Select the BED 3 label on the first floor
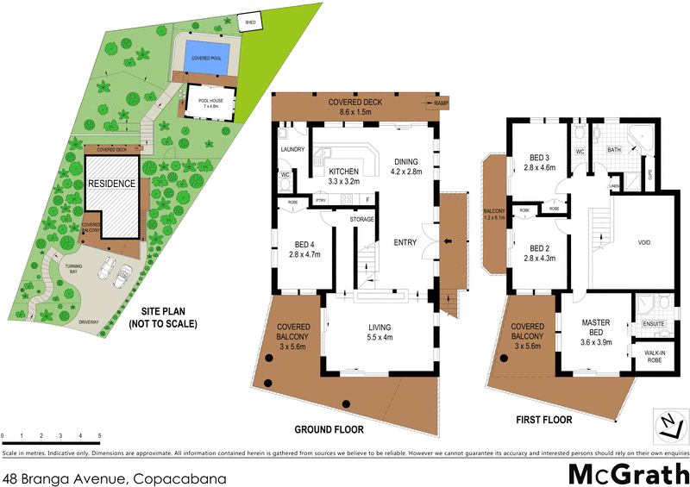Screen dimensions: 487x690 pos(540,163)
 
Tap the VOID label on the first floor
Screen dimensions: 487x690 pos(643,243)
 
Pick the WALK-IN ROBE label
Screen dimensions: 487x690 pos(655,356)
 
